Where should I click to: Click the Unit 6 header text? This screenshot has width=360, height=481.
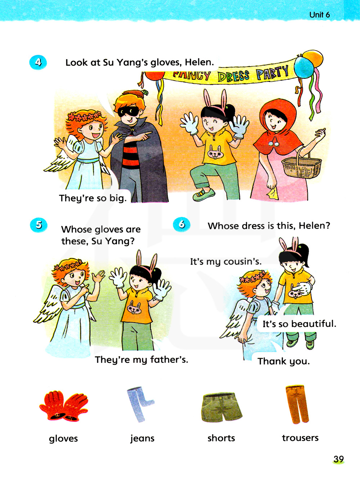pos(319,15)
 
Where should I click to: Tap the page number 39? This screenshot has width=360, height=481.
pos(338,459)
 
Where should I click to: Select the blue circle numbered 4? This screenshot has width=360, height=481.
pos(38,62)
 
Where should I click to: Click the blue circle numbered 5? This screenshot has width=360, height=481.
pos(39,225)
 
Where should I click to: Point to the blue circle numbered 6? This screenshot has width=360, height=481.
pos(181,224)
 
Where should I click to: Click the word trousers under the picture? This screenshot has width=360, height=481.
pos(300,437)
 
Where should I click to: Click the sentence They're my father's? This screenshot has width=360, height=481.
pos(141,360)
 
